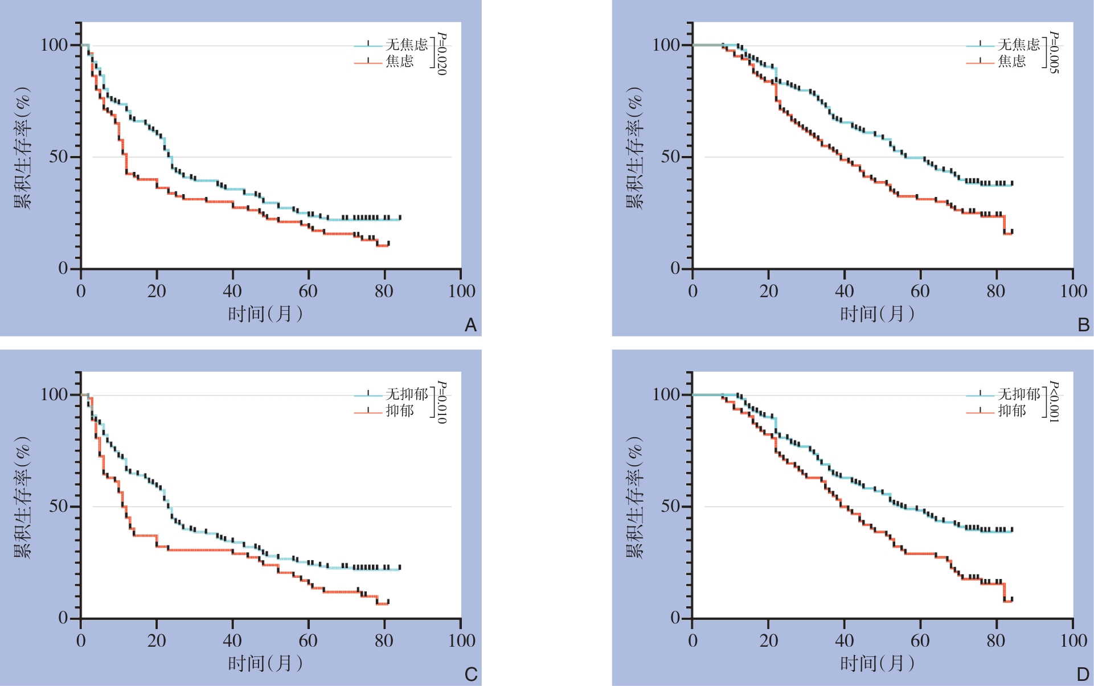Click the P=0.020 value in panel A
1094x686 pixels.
[x=441, y=54]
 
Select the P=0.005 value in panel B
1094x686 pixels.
[x=1054, y=52]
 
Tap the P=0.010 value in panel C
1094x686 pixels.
[x=441, y=402]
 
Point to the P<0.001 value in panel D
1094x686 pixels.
[x=1054, y=402]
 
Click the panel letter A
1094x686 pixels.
[x=470, y=325]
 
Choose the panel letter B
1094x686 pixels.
[x=1083, y=325]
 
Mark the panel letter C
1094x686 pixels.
[x=470, y=675]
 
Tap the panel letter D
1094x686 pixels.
[x=1083, y=675]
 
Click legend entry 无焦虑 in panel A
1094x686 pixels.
[x=406, y=44]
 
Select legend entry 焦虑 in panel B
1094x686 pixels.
[x=1011, y=61]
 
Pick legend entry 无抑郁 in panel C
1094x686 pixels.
[x=406, y=394]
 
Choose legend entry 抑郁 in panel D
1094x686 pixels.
[x=1011, y=410]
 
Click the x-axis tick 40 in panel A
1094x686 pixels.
[x=232, y=291]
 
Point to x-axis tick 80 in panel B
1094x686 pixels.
[x=996, y=291]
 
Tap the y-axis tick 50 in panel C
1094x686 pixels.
[x=59, y=506]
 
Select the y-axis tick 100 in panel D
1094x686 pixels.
[x=666, y=394]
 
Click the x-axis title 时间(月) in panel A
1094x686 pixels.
[x=265, y=314]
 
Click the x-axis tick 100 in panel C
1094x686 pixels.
[x=461, y=641]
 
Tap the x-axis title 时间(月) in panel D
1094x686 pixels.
[x=877, y=663]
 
